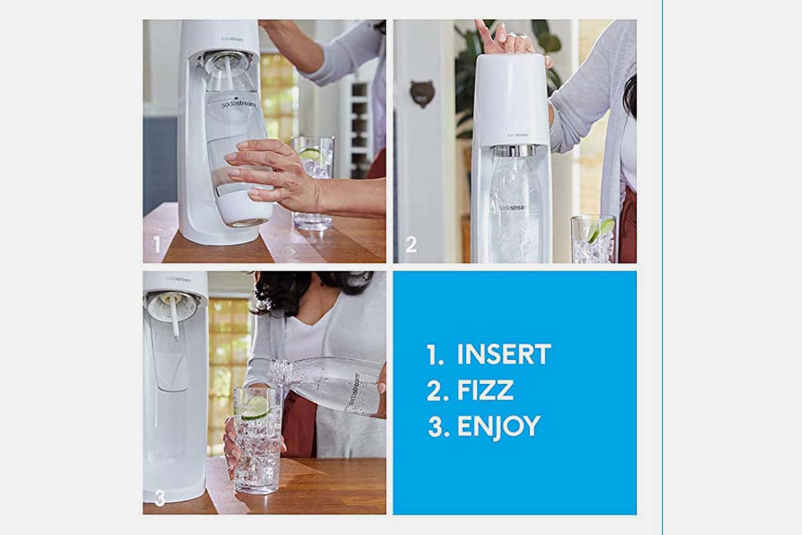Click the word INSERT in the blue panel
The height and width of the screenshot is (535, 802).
click(x=504, y=354)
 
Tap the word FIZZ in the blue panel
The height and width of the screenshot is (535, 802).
click(x=485, y=391)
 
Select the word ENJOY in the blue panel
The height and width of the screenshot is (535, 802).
click(x=499, y=427)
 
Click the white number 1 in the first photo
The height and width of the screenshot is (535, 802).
click(x=156, y=244)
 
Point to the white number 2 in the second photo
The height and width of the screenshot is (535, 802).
click(x=411, y=244)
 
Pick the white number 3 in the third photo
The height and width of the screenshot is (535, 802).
click(x=160, y=498)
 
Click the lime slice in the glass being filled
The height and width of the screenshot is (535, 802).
click(x=255, y=409)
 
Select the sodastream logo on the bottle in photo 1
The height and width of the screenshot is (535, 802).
click(x=239, y=104)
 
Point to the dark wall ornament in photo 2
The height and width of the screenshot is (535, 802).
click(x=422, y=93)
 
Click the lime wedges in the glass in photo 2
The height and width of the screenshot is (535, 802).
click(x=600, y=230)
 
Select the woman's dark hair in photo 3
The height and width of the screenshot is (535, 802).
click(x=308, y=291)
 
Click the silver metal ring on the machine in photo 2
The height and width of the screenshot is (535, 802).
click(x=515, y=151)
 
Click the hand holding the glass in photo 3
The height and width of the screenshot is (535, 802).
click(x=231, y=447)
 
